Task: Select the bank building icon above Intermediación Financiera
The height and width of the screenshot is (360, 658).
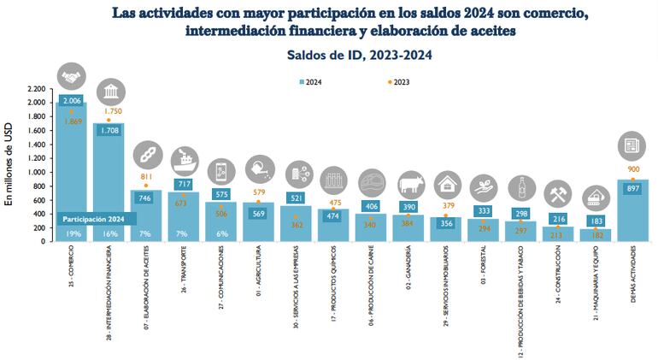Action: tap(109, 92)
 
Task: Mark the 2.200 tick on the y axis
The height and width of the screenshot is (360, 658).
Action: tap(36, 89)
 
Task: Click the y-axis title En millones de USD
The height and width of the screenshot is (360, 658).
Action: tap(10, 166)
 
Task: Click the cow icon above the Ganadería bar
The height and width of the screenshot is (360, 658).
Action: tap(408, 183)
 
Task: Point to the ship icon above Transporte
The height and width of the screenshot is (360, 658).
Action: tap(184, 160)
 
